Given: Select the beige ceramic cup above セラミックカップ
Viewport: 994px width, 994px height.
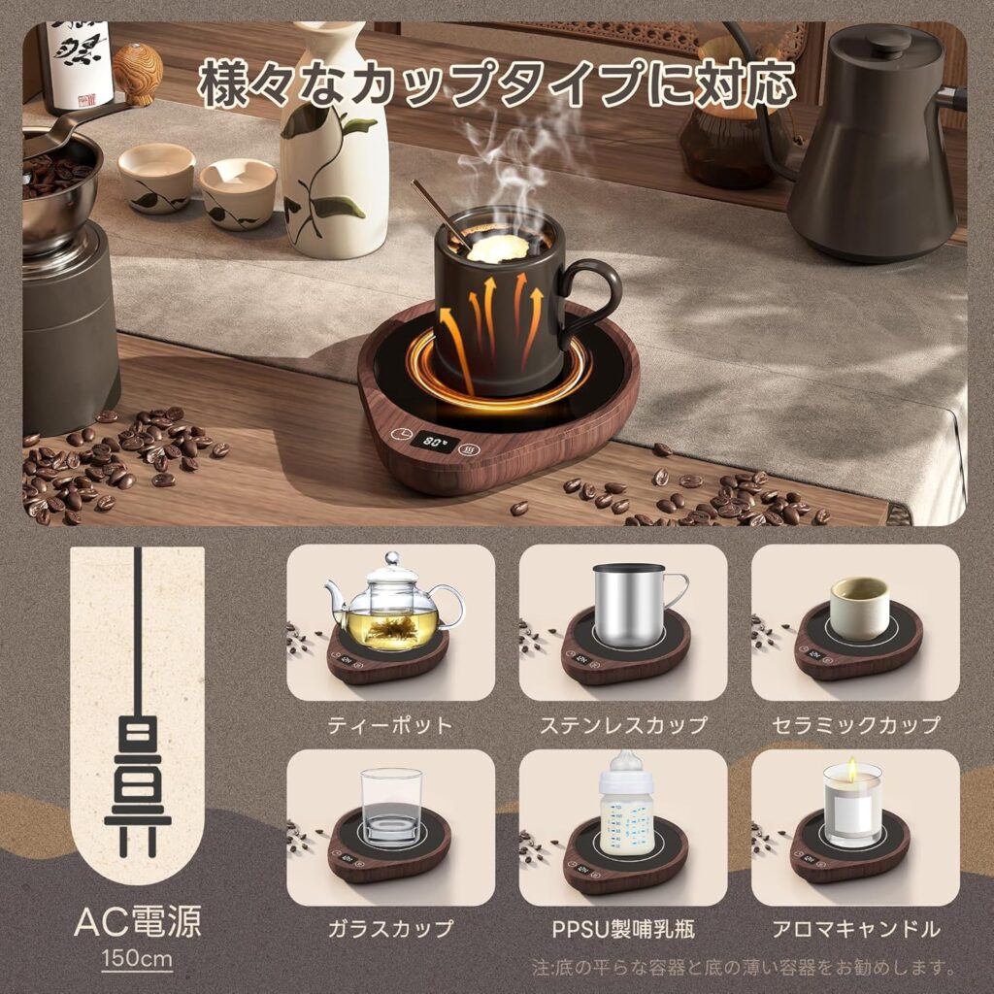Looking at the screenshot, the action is (859, 608).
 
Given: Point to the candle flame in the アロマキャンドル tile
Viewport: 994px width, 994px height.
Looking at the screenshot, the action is (852, 768).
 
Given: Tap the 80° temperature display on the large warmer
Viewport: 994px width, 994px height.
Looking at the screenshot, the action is (435, 440).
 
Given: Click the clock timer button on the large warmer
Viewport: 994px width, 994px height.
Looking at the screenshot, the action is (400, 435).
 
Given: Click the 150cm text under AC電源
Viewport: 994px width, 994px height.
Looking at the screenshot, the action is (137, 957).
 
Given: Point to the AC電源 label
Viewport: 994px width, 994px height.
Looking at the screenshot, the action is (138, 921).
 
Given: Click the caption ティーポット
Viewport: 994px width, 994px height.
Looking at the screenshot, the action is (390, 724).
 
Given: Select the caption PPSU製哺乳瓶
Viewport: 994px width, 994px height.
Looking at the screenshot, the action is (623, 929).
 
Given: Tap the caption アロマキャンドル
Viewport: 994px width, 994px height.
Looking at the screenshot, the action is (856, 929).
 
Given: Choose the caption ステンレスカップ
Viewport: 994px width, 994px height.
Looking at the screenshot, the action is (623, 724).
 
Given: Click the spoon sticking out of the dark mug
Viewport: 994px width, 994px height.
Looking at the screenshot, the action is (442, 215).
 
